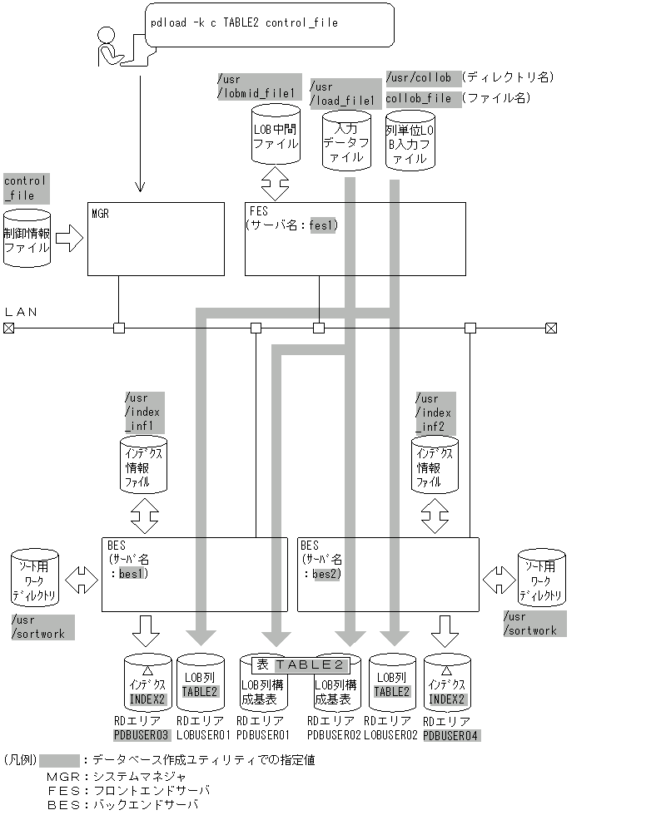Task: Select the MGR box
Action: click(156, 238)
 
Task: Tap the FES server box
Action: click(355, 238)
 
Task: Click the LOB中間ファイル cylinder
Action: click(275, 136)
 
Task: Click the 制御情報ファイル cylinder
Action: click(27, 240)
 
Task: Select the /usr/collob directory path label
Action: click(419, 77)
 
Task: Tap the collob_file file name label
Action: click(419, 98)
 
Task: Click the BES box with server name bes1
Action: click(194, 574)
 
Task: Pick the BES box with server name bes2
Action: click(388, 574)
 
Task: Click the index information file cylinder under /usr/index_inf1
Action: click(144, 465)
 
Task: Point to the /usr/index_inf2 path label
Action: click(433, 412)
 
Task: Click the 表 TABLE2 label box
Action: click(300, 664)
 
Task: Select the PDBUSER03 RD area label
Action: click(142, 735)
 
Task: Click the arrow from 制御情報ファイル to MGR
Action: click(70, 240)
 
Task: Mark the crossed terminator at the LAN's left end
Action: click(8, 328)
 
